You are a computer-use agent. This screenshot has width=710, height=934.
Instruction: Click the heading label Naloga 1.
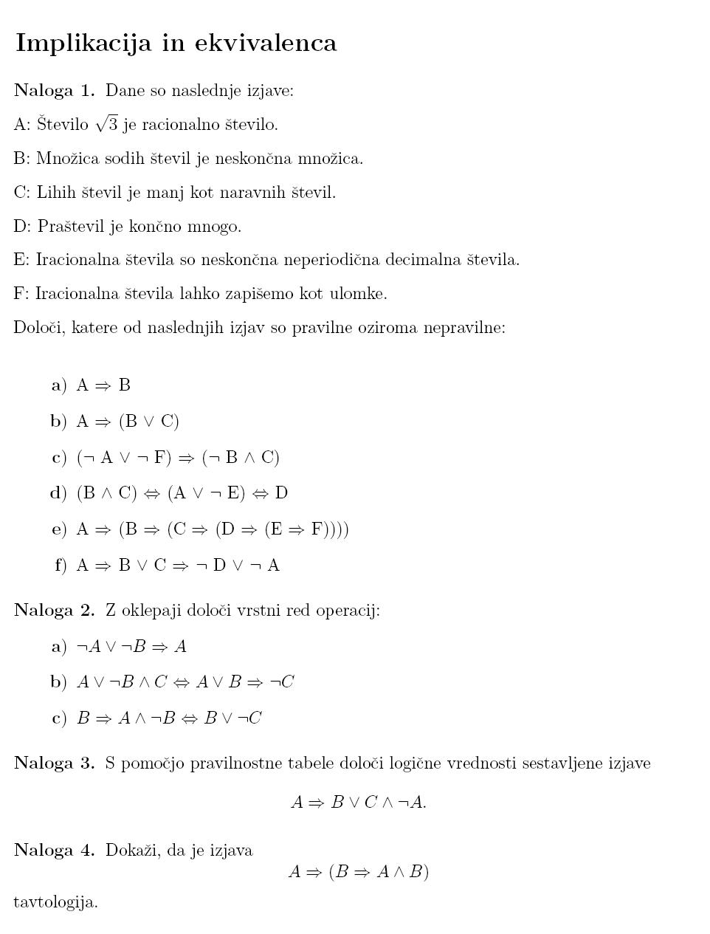(55, 90)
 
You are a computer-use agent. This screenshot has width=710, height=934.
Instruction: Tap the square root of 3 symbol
(107, 124)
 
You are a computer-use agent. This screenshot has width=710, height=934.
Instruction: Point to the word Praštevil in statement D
(72, 226)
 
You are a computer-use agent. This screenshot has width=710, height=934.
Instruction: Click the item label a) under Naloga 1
(59, 385)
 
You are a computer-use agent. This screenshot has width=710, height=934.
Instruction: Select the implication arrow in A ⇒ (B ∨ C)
(103, 422)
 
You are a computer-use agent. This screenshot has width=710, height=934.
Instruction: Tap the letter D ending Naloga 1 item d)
(281, 492)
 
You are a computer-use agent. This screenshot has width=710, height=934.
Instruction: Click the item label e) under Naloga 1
(59, 529)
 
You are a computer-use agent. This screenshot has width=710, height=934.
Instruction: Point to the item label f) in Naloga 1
(61, 566)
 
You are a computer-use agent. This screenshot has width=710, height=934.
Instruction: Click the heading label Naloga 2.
(55, 611)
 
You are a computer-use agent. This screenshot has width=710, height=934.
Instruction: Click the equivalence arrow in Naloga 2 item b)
(182, 682)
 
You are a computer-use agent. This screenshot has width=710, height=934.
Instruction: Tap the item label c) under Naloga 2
(59, 718)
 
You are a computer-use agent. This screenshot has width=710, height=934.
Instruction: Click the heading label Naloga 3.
(55, 763)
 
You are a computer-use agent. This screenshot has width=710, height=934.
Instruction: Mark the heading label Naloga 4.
(55, 850)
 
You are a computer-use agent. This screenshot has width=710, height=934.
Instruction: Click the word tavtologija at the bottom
(55, 902)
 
